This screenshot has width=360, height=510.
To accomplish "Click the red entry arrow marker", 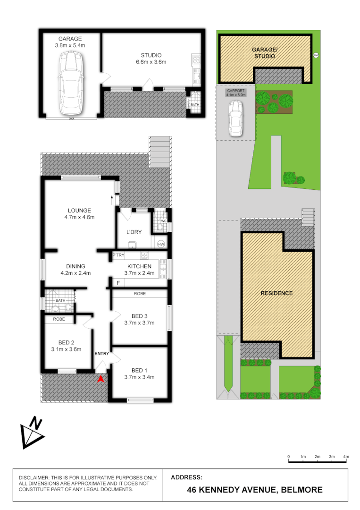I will (100, 378).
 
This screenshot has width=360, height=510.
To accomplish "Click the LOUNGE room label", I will (79, 211).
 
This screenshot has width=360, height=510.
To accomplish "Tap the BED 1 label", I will (140, 370).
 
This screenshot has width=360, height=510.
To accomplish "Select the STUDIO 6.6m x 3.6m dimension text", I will (151, 62).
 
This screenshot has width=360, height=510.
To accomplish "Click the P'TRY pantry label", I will (118, 255).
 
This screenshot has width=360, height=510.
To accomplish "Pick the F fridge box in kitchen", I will (118, 283).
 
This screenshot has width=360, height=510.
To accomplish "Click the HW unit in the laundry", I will (161, 244).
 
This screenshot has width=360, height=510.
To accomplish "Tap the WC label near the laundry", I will (163, 221).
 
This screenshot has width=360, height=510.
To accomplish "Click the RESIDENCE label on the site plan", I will (276, 293).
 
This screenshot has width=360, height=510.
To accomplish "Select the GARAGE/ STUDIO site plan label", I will (264, 53).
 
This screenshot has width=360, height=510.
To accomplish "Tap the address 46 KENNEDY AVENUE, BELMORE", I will (255, 490).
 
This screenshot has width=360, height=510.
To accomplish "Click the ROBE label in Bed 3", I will (140, 294).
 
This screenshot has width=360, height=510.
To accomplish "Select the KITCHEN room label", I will (139, 266).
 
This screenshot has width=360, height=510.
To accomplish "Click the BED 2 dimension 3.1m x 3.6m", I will (67, 349).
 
